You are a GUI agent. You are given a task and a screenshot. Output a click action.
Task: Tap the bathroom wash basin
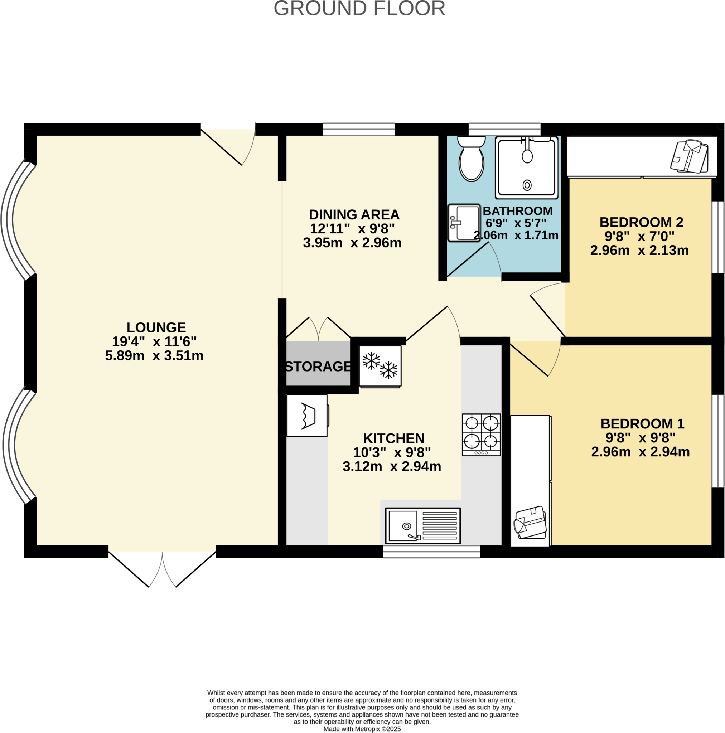click(x=464, y=223)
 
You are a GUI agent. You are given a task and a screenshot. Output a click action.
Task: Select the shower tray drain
click(x=527, y=185)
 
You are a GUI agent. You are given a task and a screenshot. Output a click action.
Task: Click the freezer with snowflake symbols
click(x=380, y=366)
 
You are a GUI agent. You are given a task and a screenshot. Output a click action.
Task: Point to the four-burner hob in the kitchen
click(x=481, y=435)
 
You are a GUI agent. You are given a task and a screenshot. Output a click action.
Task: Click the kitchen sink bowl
click(x=402, y=525)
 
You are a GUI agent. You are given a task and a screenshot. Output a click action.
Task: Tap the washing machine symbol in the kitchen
click(x=307, y=416)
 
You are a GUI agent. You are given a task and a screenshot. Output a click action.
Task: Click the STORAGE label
click(x=318, y=366)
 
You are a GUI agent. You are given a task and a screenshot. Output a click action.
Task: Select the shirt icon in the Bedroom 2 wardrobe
click(x=689, y=157)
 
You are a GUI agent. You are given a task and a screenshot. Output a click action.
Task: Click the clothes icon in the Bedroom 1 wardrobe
click(x=530, y=523)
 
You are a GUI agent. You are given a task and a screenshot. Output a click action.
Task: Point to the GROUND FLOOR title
click(x=359, y=8)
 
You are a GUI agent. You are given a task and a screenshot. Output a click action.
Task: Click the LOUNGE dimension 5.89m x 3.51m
click(x=154, y=356)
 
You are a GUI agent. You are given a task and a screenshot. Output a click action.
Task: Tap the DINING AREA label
click(x=354, y=215)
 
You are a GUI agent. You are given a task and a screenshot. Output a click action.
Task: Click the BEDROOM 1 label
click(x=642, y=423)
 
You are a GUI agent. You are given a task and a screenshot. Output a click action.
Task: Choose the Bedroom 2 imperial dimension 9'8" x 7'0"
click(x=639, y=236)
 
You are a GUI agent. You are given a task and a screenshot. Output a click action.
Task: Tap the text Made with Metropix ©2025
click(x=362, y=729)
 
